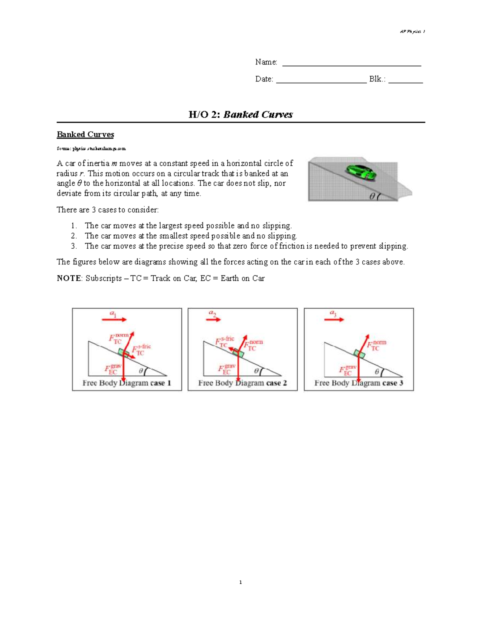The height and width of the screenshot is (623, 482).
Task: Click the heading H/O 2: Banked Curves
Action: coord(241,114)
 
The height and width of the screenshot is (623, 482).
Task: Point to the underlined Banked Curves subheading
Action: coord(85,134)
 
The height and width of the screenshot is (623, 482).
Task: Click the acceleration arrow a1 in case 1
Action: coord(114,319)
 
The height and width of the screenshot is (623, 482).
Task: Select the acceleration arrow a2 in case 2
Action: coord(214,319)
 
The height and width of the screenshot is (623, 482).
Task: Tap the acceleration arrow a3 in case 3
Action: coord(334,319)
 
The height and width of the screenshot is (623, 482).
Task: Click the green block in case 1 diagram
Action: coord(124,353)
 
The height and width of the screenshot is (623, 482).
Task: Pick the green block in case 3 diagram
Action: coord(359,353)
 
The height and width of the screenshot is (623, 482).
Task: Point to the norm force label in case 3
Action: coord(376,345)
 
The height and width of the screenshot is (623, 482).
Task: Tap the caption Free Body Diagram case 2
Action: coord(242,383)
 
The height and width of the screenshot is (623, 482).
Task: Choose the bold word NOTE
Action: coord(69,278)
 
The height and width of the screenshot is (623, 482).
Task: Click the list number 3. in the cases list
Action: coord(74,246)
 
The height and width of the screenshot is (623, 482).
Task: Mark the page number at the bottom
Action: coord(240,582)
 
